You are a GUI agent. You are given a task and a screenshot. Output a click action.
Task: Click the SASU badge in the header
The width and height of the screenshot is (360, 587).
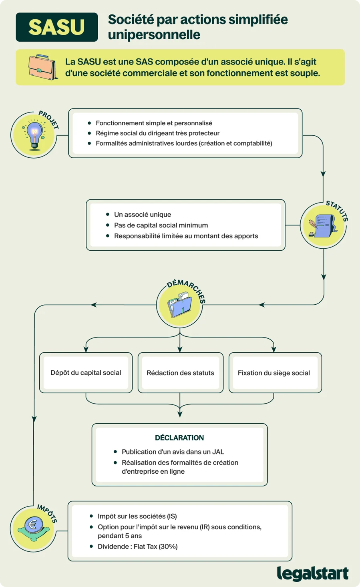(57, 27)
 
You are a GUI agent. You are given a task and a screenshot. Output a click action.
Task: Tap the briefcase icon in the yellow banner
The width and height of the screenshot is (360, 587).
(42, 67)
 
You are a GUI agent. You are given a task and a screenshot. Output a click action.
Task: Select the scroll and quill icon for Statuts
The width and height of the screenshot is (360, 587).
(323, 225)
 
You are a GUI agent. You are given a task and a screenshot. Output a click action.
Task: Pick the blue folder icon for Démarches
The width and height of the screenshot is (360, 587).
(180, 305)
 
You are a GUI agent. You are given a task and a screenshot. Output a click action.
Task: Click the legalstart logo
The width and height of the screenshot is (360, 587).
(313, 573)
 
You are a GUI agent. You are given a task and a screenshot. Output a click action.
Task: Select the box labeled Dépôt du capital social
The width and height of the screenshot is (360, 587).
(86, 373)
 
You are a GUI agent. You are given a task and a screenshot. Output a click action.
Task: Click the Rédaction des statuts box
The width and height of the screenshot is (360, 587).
(181, 373)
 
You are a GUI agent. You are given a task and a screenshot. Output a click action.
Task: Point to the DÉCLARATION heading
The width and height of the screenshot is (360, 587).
(179, 438)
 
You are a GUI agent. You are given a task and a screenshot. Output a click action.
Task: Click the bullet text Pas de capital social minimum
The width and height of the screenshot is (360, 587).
(161, 225)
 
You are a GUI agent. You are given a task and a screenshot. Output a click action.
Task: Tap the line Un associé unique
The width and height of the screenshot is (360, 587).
(143, 214)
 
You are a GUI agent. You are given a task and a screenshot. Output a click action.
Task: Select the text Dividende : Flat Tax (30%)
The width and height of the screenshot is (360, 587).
(138, 547)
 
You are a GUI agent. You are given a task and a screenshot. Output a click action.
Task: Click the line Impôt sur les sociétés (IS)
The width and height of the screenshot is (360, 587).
(137, 516)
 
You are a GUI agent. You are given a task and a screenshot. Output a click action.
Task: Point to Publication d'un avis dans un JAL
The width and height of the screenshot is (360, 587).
(173, 452)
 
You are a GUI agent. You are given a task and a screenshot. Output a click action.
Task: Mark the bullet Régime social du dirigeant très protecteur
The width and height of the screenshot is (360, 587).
(157, 133)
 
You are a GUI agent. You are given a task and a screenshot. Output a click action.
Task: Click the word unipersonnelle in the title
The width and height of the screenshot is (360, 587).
(154, 34)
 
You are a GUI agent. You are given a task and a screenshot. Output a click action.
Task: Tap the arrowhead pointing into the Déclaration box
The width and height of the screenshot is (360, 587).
(180, 414)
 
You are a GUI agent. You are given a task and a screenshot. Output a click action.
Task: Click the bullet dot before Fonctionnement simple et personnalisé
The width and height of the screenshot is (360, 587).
(89, 123)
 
